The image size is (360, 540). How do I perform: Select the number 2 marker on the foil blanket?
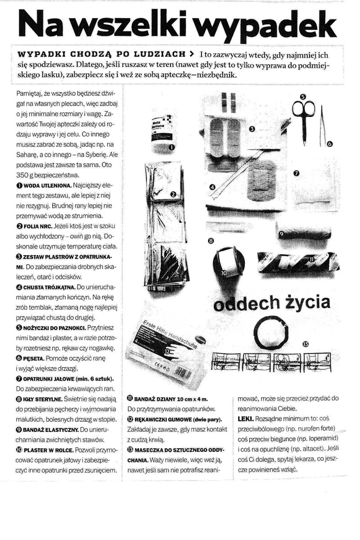coord(173,194)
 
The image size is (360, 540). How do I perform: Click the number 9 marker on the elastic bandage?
coord(281,234)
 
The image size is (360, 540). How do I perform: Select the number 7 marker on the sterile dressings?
coord(296,173)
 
